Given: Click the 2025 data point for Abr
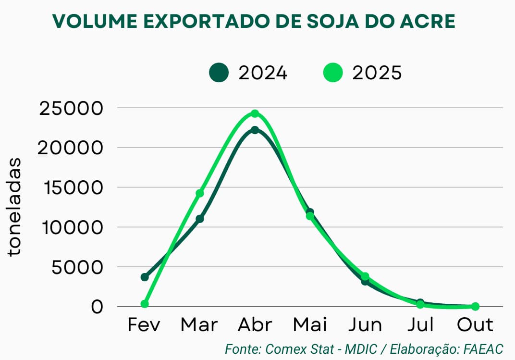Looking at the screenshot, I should pos(255,114).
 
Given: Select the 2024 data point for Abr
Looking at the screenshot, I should pos(255,130).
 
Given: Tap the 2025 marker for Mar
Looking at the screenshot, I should pos(200,193).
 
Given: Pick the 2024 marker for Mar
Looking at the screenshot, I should pos(200,219).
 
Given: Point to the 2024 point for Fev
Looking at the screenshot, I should pos(145,277).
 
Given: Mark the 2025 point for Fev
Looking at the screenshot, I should pos(145,304).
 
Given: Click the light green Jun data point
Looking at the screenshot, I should pos(365,276).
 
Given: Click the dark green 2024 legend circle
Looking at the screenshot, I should pos(219,73).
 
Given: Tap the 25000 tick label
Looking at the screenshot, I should pos(78,109).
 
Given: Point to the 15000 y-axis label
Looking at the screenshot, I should pos(78,187).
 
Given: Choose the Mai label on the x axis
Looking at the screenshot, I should pos(310,325).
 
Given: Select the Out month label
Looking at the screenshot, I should pos(475,325).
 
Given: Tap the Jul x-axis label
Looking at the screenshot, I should pos(421,325).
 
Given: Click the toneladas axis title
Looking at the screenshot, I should pos(15,207).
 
